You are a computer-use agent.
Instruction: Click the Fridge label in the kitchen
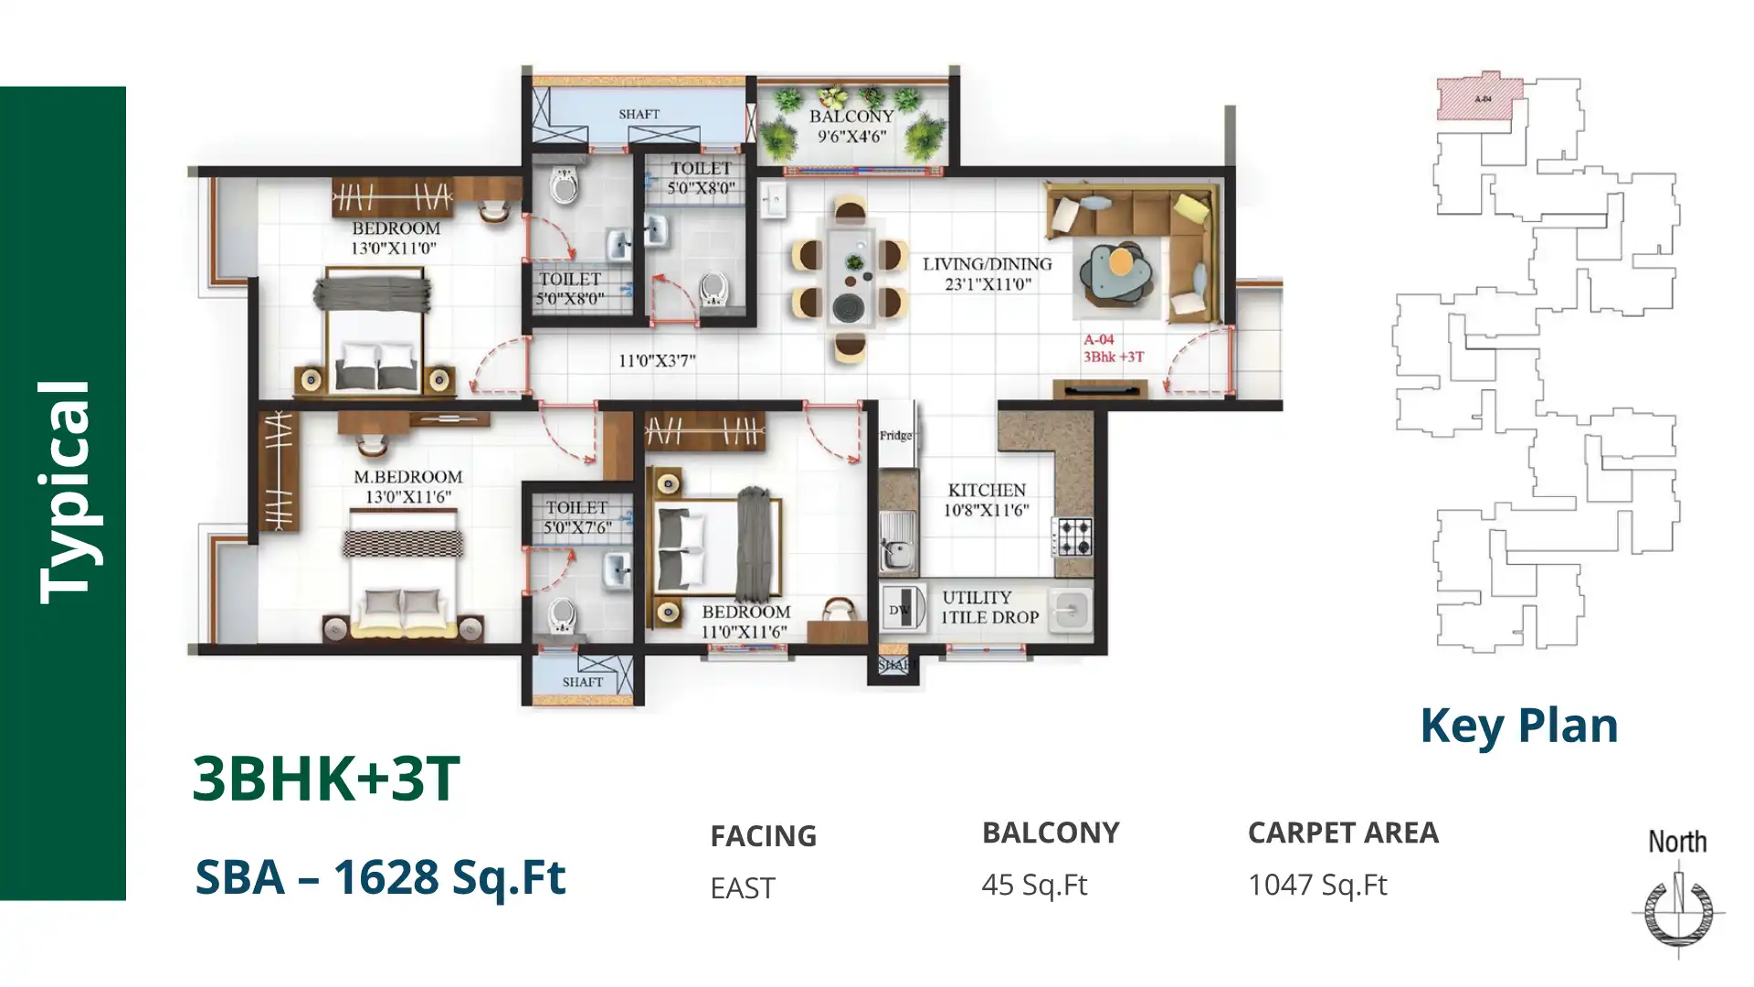point(895,436)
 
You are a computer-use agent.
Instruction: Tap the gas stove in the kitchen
point(1072,537)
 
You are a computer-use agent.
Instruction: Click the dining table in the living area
point(851,276)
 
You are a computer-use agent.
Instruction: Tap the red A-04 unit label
point(1099,340)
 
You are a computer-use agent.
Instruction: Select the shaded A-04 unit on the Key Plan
point(1478,99)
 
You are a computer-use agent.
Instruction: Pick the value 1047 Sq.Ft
point(1317,885)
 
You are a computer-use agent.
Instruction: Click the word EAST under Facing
point(743,887)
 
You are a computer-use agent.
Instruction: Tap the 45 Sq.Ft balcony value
point(1034,885)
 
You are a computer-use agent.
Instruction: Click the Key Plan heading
point(1518,726)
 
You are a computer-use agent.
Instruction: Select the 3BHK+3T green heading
point(326,779)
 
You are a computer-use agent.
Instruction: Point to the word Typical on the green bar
point(65,493)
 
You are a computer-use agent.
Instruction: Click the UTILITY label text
point(977,598)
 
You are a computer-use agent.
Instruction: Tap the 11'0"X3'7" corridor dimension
point(657,361)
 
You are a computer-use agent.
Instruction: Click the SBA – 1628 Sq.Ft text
point(380,876)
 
